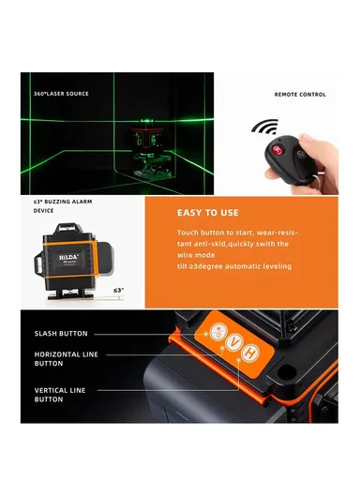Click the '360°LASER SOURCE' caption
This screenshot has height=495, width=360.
pos(61,94)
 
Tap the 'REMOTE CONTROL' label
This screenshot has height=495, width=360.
pos(299,94)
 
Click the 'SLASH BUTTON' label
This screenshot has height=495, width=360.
pos(61,334)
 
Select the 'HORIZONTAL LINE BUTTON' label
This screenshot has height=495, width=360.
pos(66,358)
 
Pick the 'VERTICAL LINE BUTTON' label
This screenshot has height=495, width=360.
pos(60,393)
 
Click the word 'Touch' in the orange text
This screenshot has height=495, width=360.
pos(187,232)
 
